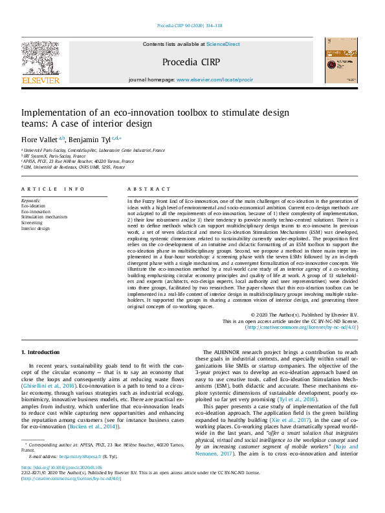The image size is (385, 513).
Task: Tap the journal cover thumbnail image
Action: pyautogui.click(x=341, y=59)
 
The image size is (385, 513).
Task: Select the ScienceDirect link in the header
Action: pyautogui.click(x=223, y=44)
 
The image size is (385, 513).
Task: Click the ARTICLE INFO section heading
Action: pyautogui.click(x=53, y=189)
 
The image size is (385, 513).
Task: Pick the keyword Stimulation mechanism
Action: pyautogui.click(x=44, y=217)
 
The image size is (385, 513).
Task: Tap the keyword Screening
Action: pyautogui.click(x=32, y=223)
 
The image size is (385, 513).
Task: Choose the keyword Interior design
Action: pyautogui.click(x=36, y=228)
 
